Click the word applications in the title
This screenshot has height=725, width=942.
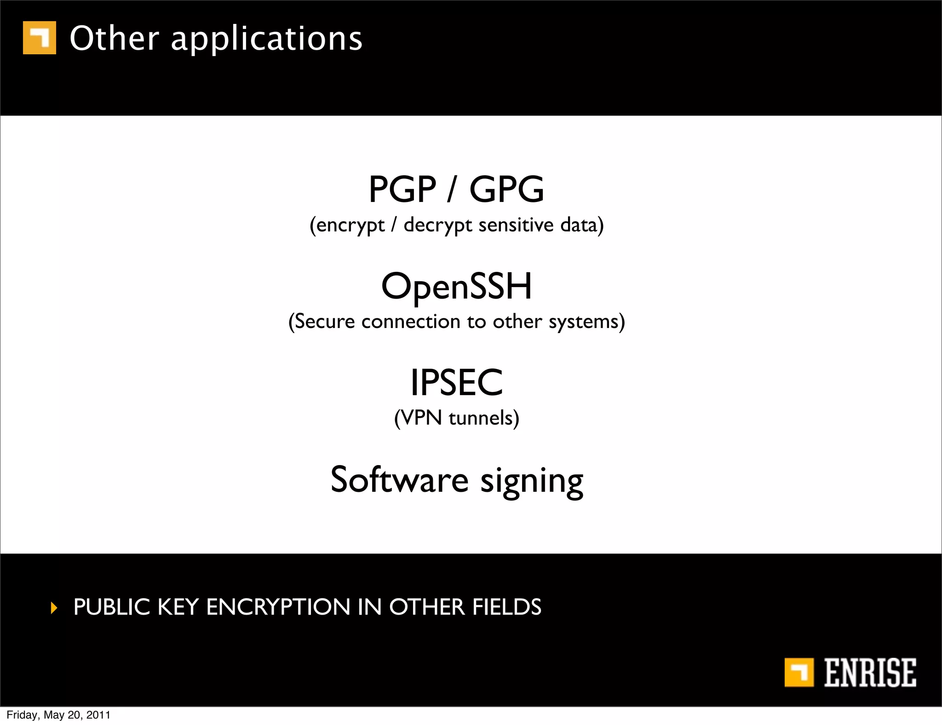tap(266, 39)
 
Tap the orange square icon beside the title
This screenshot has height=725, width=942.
tap(40, 38)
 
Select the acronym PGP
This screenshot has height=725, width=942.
tap(402, 189)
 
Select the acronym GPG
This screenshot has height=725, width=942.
tap(506, 189)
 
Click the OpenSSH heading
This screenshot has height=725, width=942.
tap(456, 286)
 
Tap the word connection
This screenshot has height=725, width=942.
tap(410, 321)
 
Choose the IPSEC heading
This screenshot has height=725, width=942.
tap(456, 382)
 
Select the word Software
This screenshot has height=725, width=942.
tap(399, 479)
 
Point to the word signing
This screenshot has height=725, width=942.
tap(532, 481)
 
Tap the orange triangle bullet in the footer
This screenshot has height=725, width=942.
tap(54, 608)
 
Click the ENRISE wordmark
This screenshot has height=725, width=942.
tap(869, 673)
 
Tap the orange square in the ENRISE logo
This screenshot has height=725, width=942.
tap(798, 672)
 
